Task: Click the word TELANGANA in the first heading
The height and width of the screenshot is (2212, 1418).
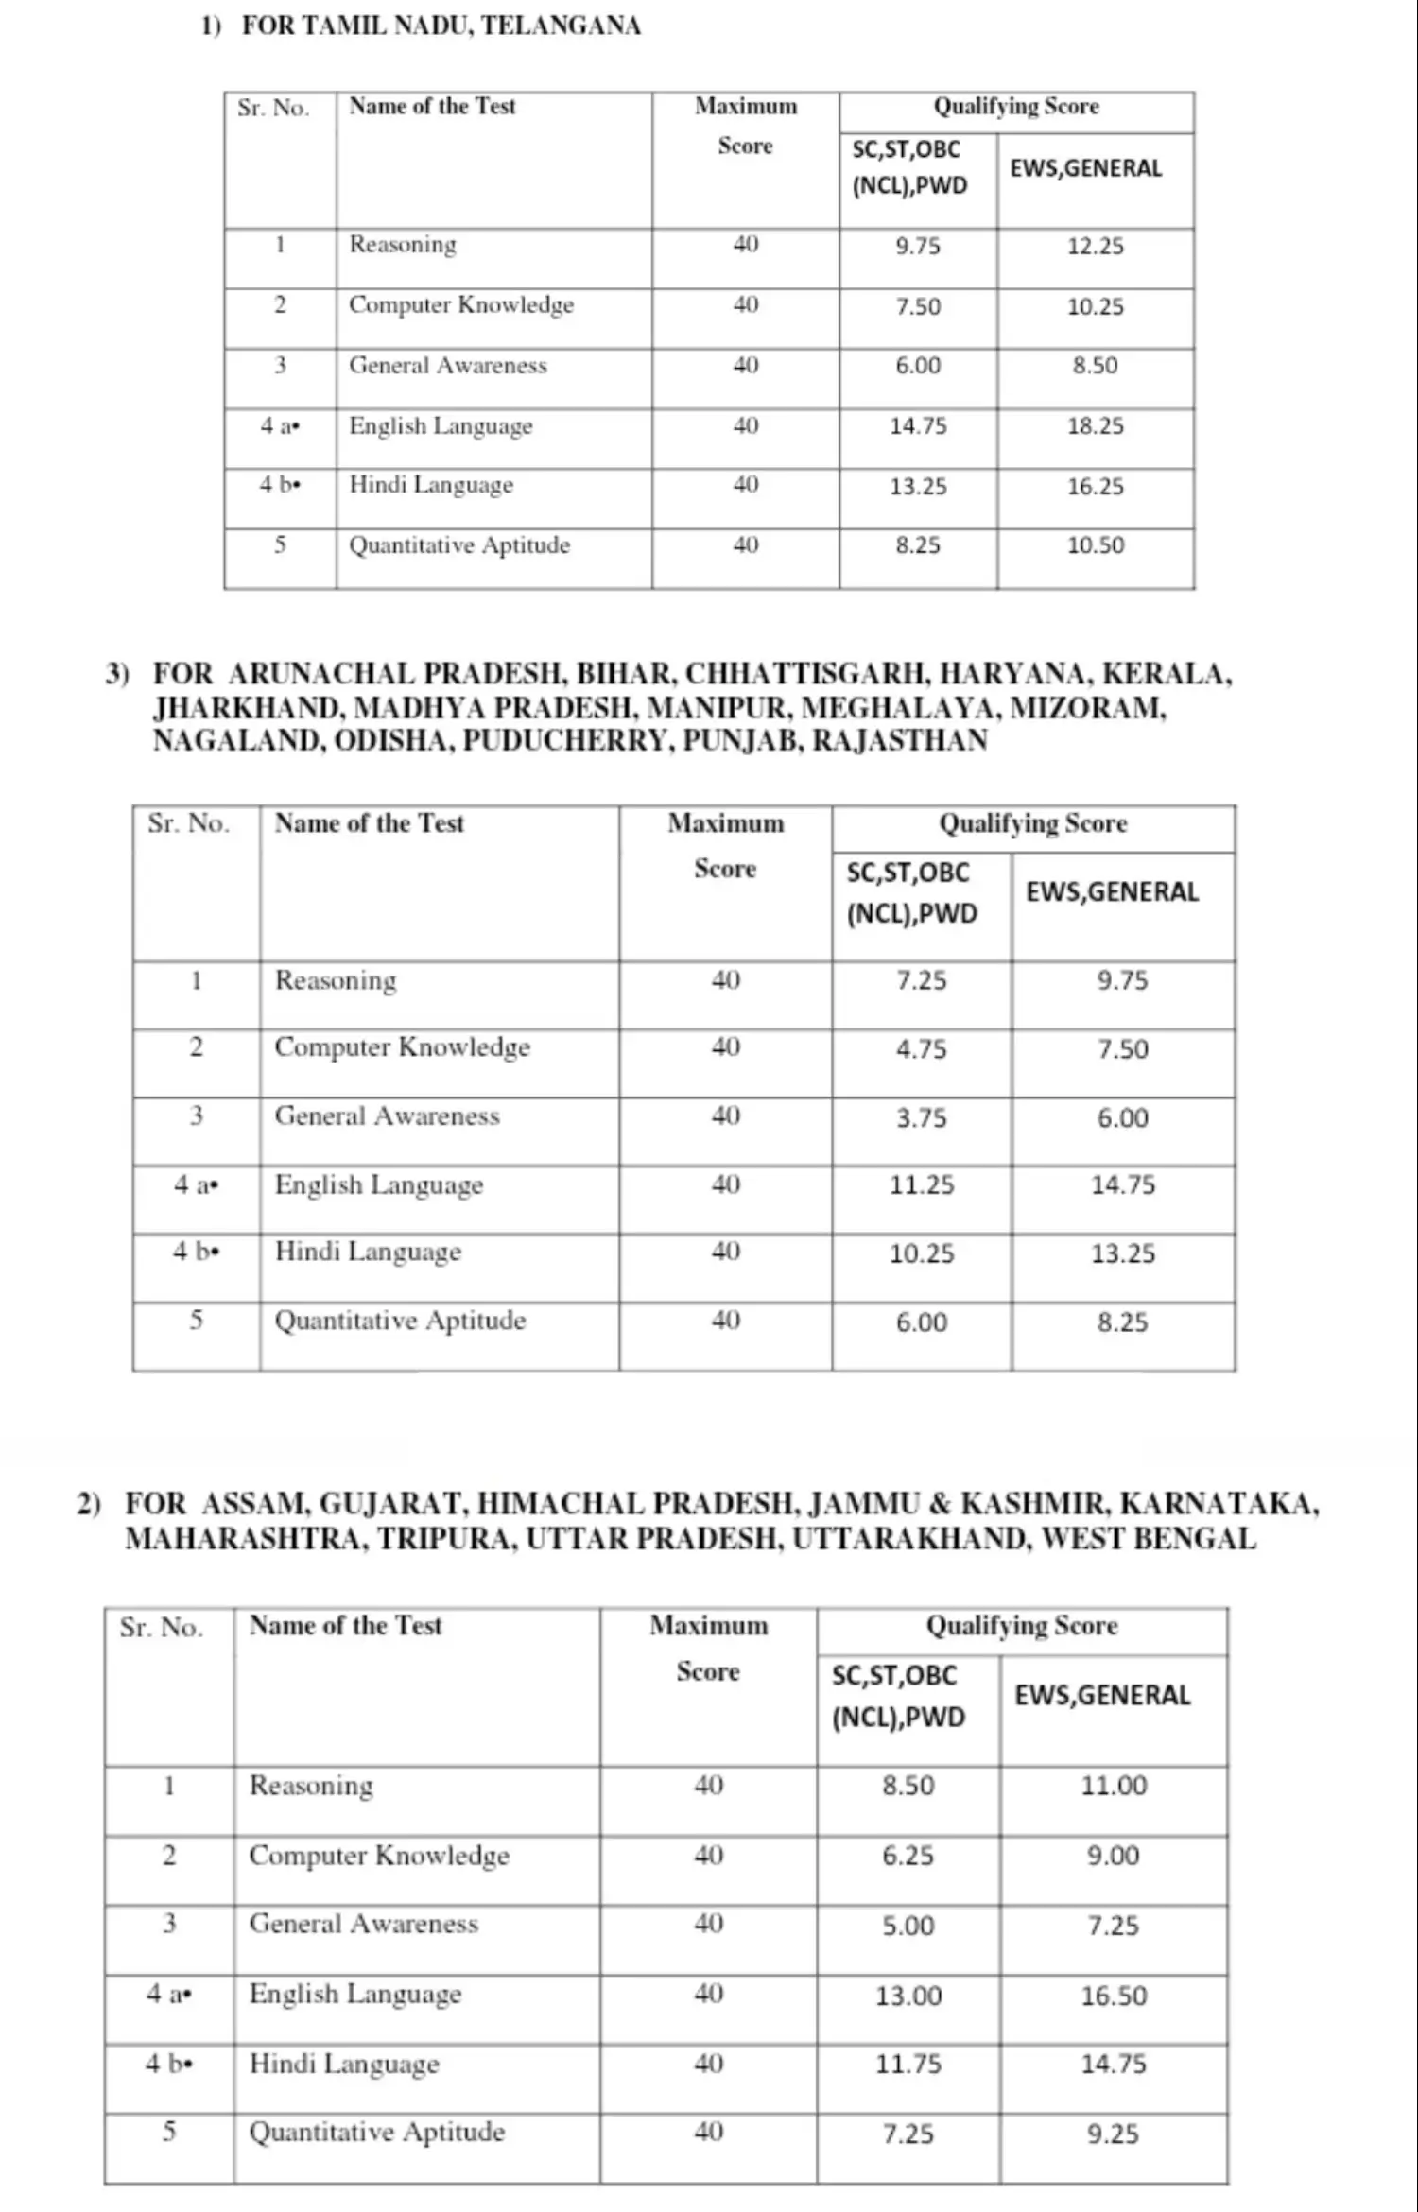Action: pos(561,26)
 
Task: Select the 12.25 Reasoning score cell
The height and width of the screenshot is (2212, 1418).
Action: pos(1096,247)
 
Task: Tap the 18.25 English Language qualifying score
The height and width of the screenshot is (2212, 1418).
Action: pos(1096,426)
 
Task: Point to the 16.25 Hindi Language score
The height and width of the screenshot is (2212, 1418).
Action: pos(1096,487)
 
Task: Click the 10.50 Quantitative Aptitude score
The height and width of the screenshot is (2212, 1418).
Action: pos(1096,545)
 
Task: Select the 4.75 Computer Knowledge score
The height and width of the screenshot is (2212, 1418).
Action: pos(922,1049)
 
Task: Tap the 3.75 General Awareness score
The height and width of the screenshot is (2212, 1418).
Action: pos(922,1118)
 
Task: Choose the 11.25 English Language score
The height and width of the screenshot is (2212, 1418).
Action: pos(922,1185)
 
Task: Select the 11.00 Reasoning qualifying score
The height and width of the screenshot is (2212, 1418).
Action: pos(1114,1786)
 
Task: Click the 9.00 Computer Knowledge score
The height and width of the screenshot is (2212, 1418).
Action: pos(1113,1856)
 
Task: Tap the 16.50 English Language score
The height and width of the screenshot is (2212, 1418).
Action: pos(1114,1996)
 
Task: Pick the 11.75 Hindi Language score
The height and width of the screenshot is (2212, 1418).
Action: pos(908,2064)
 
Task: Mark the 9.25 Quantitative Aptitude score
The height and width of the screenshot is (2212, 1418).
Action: pos(1113,2134)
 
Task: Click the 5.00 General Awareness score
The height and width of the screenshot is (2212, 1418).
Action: pos(908,1926)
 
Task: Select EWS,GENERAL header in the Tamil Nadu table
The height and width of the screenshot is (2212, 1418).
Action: pos(1085,168)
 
